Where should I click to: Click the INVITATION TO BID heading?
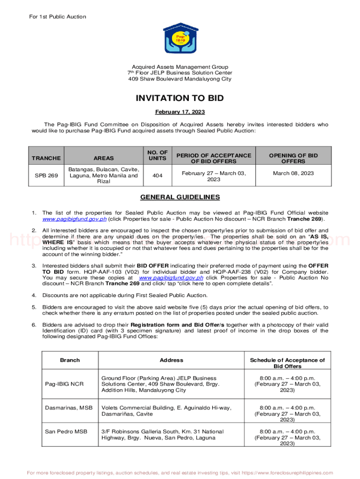(x=180, y=98)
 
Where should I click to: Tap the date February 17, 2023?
(x=180, y=112)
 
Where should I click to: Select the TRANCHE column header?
(x=46, y=158)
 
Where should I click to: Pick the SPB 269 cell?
(x=46, y=175)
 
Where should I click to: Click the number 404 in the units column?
(x=157, y=175)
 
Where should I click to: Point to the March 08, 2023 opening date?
(x=293, y=173)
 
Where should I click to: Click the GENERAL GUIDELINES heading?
(x=180, y=197)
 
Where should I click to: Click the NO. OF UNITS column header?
(x=157, y=155)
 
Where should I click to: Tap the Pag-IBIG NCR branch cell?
(x=64, y=384)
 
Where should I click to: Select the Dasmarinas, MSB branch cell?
(x=69, y=408)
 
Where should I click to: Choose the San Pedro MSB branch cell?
(x=66, y=432)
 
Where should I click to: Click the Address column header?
(x=171, y=360)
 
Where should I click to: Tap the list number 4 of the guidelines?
(x=34, y=295)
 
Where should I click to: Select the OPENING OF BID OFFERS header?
(x=293, y=158)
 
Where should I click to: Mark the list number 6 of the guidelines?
(x=34, y=325)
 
